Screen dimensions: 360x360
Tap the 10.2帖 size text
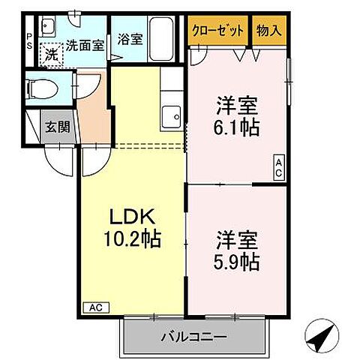point(134,241)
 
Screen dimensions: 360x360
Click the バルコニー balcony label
point(194,337)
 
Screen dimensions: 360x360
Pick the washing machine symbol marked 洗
point(50,54)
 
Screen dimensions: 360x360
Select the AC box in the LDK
point(96,306)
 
